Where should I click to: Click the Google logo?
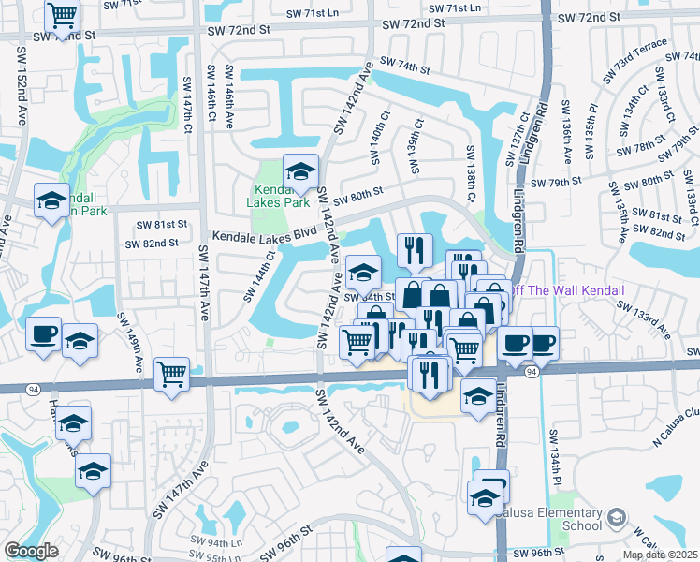(31, 551)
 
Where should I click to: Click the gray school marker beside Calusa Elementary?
(617, 517)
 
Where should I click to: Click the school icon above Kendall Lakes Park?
(300, 171)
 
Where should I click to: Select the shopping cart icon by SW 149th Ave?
(171, 374)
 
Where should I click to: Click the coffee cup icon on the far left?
(43, 334)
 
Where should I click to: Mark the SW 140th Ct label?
(381, 136)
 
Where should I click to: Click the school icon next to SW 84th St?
(362, 273)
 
